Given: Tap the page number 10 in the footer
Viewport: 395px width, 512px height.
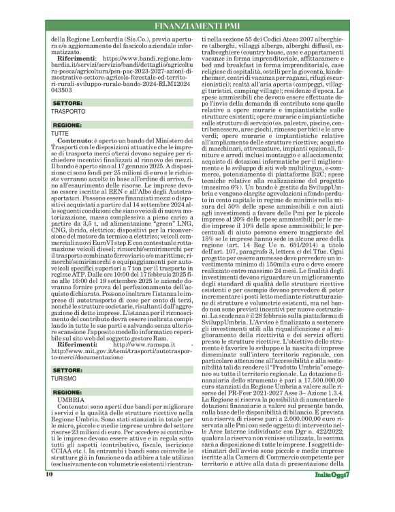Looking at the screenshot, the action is pyautogui.click(x=49, y=493).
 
